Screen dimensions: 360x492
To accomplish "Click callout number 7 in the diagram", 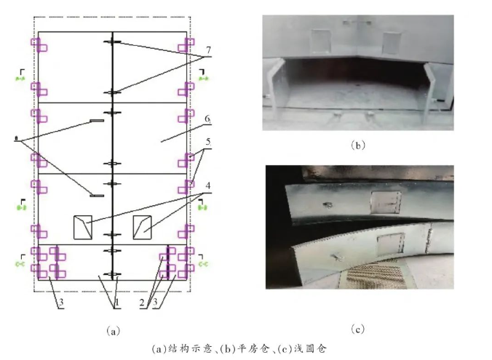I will click(208, 49).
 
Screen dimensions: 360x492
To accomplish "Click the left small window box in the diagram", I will click(84, 227).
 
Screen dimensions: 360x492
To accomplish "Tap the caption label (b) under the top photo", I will click(357, 145).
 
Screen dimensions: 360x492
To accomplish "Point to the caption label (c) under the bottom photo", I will click(357, 329).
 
